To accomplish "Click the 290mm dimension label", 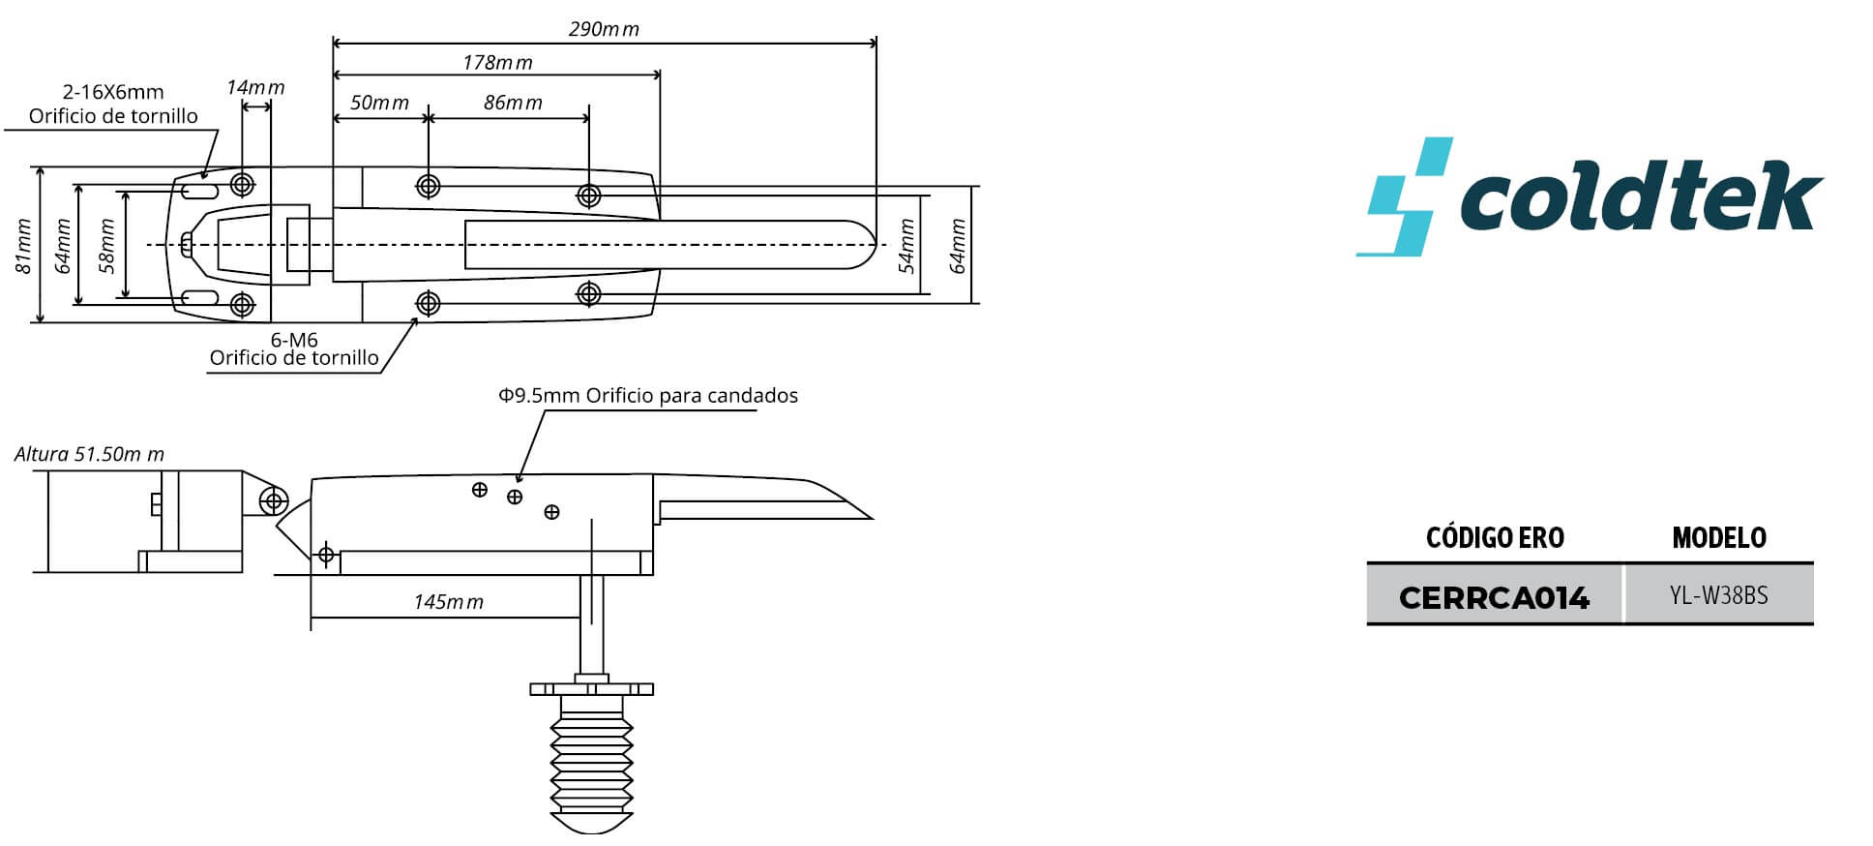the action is [x=604, y=29].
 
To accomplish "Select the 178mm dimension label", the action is [x=497, y=63].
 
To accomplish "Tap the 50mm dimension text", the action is [x=379, y=103].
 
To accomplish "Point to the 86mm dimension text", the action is [x=513, y=103].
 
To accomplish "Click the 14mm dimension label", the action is [x=255, y=87].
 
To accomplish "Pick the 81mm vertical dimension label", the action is [x=24, y=247].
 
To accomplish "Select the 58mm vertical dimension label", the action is [x=106, y=246].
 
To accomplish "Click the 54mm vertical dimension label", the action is [x=907, y=246].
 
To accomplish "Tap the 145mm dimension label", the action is [x=448, y=602].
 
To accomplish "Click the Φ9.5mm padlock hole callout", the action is [x=648, y=396].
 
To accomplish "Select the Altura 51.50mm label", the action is [x=89, y=454].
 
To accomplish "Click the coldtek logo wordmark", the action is [x=1642, y=198].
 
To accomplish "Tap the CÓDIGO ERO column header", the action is [x=1495, y=538].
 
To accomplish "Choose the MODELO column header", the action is [x=1719, y=538].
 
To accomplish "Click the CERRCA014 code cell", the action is [x=1495, y=597].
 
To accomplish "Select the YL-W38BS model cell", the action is [x=1719, y=596].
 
